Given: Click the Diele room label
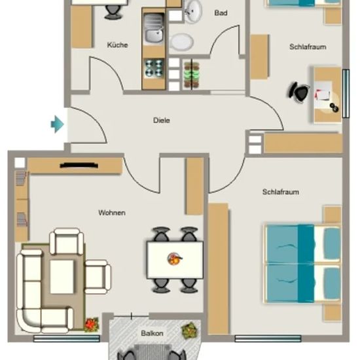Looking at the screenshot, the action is click(x=162, y=120).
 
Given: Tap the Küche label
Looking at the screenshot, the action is click(x=117, y=45).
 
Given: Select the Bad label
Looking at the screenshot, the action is click(x=221, y=13).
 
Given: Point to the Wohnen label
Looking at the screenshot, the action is click(x=112, y=213).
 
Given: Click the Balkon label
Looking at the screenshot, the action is click(x=152, y=333).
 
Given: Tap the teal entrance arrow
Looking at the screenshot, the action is click(x=57, y=124).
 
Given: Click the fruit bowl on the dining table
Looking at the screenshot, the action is click(x=175, y=259).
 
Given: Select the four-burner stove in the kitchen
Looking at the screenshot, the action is click(x=154, y=68).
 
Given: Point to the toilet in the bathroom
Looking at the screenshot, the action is click(x=181, y=41).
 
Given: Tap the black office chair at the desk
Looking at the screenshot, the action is click(x=298, y=92).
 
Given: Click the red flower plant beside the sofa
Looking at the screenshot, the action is click(x=92, y=325).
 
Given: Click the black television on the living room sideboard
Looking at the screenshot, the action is click(x=79, y=166).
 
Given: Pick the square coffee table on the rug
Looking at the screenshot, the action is click(x=62, y=277).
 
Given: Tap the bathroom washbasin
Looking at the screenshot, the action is click(x=193, y=11).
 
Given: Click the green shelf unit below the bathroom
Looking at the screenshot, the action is click(x=192, y=75).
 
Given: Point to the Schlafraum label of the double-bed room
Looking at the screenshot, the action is click(x=281, y=192).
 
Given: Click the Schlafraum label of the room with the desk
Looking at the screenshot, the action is click(x=308, y=47).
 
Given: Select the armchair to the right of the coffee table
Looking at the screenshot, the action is click(x=98, y=277).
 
